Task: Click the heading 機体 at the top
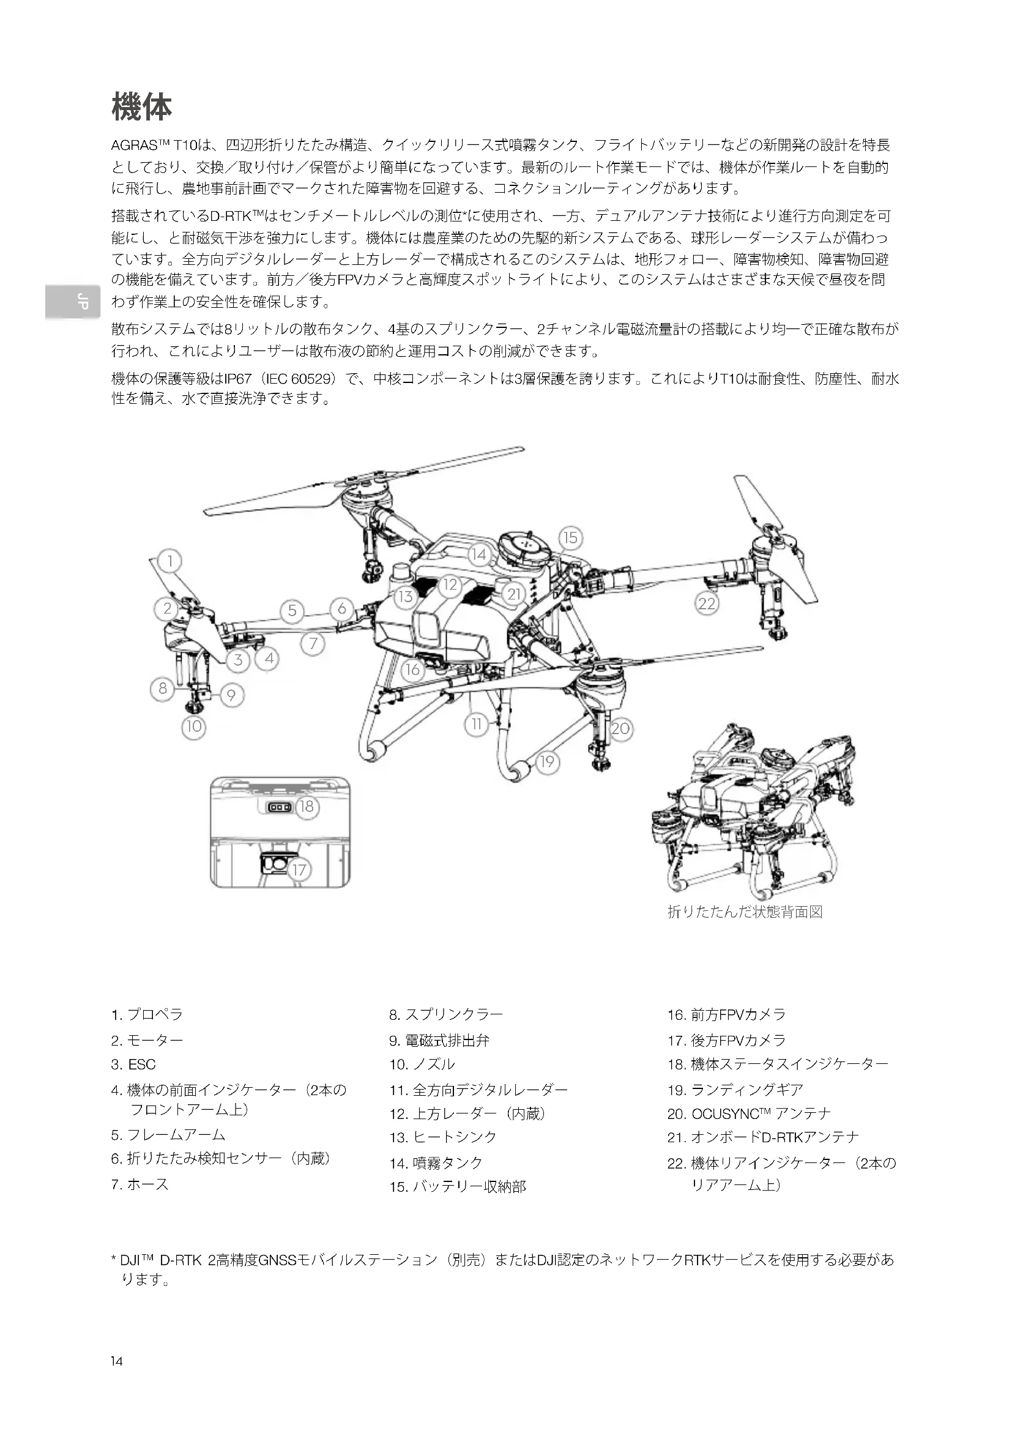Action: [141, 106]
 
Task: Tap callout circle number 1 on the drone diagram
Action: [169, 561]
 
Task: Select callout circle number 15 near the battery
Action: [570, 537]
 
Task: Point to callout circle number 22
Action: [707, 603]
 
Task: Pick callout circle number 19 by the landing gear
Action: [546, 762]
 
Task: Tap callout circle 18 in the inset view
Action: [307, 806]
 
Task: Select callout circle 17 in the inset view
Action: [299, 869]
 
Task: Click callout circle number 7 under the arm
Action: [313, 643]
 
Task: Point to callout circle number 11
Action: [477, 724]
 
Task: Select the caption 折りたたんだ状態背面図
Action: [745, 912]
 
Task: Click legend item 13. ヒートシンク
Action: [443, 1137]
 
